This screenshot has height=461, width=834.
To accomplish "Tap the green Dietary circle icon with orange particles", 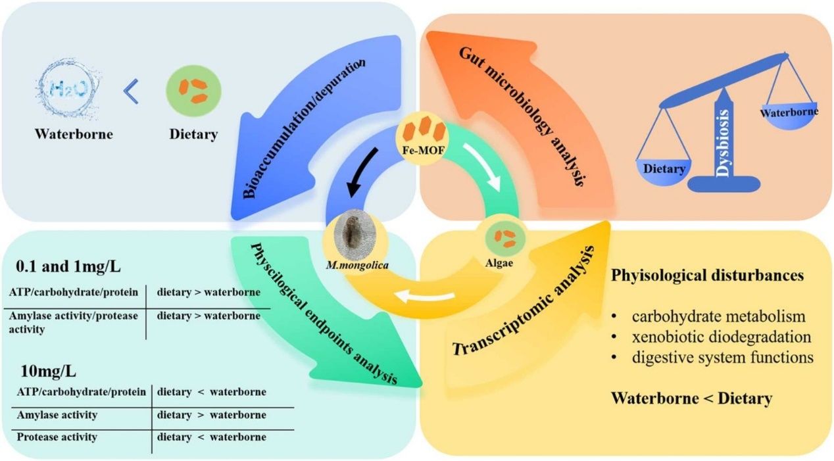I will pyautogui.click(x=193, y=91).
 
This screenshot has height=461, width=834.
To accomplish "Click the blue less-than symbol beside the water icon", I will pyautogui.click(x=132, y=92).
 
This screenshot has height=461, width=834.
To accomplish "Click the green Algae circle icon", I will pyautogui.click(x=505, y=237).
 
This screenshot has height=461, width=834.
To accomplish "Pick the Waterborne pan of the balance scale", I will pyautogui.click(x=789, y=113).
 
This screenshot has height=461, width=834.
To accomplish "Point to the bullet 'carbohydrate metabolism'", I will pyautogui.click(x=718, y=316).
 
